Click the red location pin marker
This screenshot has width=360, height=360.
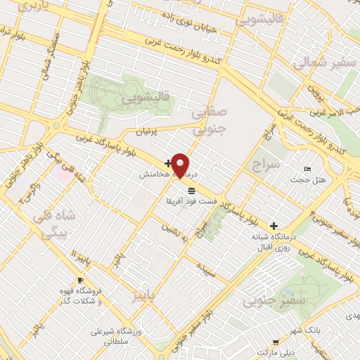pos(181,165)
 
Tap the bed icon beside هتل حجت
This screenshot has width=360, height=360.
pos(307,169)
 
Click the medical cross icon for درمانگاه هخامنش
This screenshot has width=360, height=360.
pos(167,163)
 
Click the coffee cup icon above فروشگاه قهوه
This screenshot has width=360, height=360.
pos(79,280)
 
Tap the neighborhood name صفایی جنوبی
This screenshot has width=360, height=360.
pos(209,120)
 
